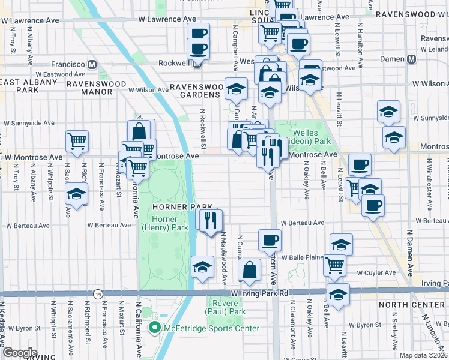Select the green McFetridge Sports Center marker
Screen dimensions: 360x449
(x=154, y=328)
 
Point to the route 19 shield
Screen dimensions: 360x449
(x=97, y=293)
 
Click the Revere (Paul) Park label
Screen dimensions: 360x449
(x=226, y=307)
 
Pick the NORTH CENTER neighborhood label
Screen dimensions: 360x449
(x=411, y=305)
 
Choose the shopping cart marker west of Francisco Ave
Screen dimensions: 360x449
(x=77, y=142)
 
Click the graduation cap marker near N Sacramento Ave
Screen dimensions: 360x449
(x=77, y=194)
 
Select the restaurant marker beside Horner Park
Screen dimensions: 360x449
(x=211, y=220)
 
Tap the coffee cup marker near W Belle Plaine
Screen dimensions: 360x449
(x=270, y=241)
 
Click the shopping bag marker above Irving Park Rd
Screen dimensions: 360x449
(x=249, y=270)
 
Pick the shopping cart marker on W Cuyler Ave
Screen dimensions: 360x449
(x=334, y=265)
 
